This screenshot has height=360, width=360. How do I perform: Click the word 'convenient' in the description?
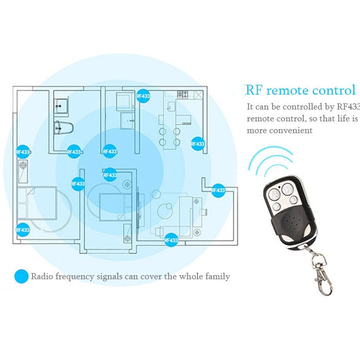(294, 131)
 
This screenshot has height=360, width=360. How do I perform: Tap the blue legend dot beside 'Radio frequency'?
(21, 277)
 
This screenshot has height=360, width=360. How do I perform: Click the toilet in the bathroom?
(64, 127)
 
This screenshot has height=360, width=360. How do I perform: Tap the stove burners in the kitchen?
(183, 94)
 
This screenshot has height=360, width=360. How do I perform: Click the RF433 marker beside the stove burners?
(143, 96)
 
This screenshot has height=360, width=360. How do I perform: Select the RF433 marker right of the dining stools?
(198, 144)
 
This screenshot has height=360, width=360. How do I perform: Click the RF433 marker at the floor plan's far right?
(218, 190)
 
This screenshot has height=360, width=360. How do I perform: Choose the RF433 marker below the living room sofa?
(171, 240)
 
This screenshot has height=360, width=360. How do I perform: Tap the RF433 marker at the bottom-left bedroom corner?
(23, 230)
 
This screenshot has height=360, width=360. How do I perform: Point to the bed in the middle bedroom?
(110, 205)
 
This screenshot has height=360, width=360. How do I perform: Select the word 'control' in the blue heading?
(332, 91)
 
